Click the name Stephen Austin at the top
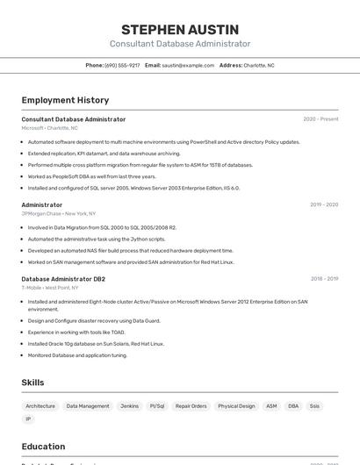pyautogui.click(x=180, y=29)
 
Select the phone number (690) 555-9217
pyautogui.click(x=122, y=65)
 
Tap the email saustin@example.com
pyautogui.click(x=188, y=65)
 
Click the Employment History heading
pyautogui.click(x=65, y=100)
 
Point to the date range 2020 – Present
pyautogui.click(x=320, y=119)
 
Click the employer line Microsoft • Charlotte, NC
pyautogui.click(x=49, y=128)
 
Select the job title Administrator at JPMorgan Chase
pyautogui.click(x=42, y=204)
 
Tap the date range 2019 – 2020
pyautogui.click(x=324, y=204)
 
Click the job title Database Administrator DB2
pyautogui.click(x=63, y=279)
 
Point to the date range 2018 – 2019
pyautogui.click(x=324, y=279)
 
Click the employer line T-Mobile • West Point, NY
pyautogui.click(x=50, y=288)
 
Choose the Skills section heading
pyautogui.click(x=32, y=383)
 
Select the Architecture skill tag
pyautogui.click(x=40, y=406)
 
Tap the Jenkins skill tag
pyautogui.click(x=129, y=406)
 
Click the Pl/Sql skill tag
pyautogui.click(x=156, y=406)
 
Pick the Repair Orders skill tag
pyautogui.click(x=191, y=406)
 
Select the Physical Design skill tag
pyautogui.click(x=236, y=406)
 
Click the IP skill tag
pyautogui.click(x=28, y=419)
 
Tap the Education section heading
pyautogui.click(x=43, y=447)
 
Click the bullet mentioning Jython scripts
pyautogui.click(x=97, y=239)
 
